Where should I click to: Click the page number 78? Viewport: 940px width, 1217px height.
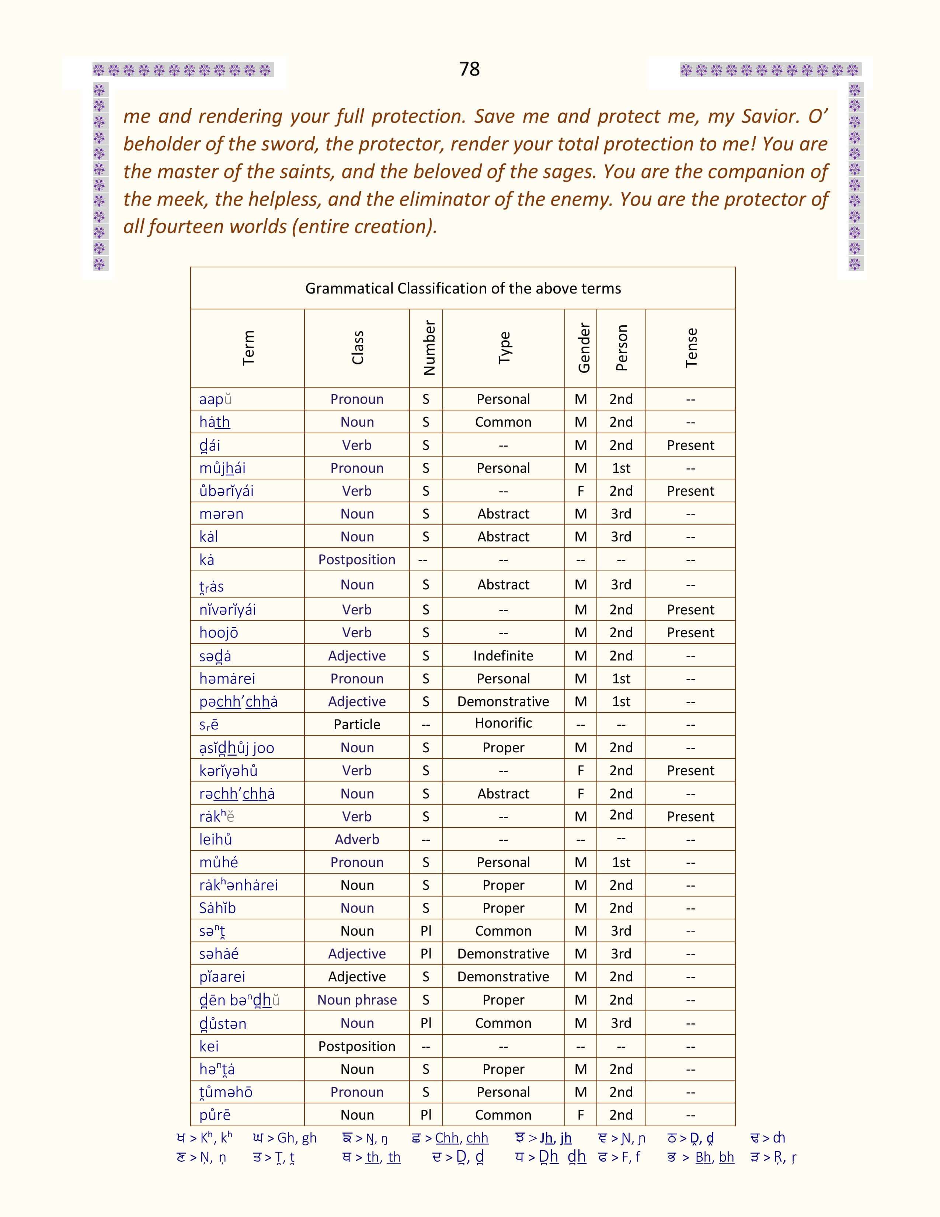click(x=469, y=69)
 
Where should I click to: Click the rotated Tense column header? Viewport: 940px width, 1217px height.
click(x=690, y=348)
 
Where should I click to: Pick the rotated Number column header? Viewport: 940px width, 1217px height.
click(x=428, y=348)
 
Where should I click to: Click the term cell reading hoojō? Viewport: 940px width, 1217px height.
click(x=219, y=632)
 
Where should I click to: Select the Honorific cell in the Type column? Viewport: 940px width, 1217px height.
click(x=503, y=723)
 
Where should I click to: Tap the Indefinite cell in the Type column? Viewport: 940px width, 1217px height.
click(x=503, y=655)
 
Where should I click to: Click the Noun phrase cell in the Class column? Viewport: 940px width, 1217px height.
click(x=357, y=1000)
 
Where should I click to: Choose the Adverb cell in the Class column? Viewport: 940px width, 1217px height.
click(x=357, y=839)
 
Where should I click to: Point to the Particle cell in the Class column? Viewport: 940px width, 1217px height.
click(x=357, y=724)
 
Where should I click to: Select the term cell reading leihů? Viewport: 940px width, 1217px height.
click(x=216, y=839)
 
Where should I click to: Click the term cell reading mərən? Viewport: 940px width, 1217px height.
click(x=221, y=514)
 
